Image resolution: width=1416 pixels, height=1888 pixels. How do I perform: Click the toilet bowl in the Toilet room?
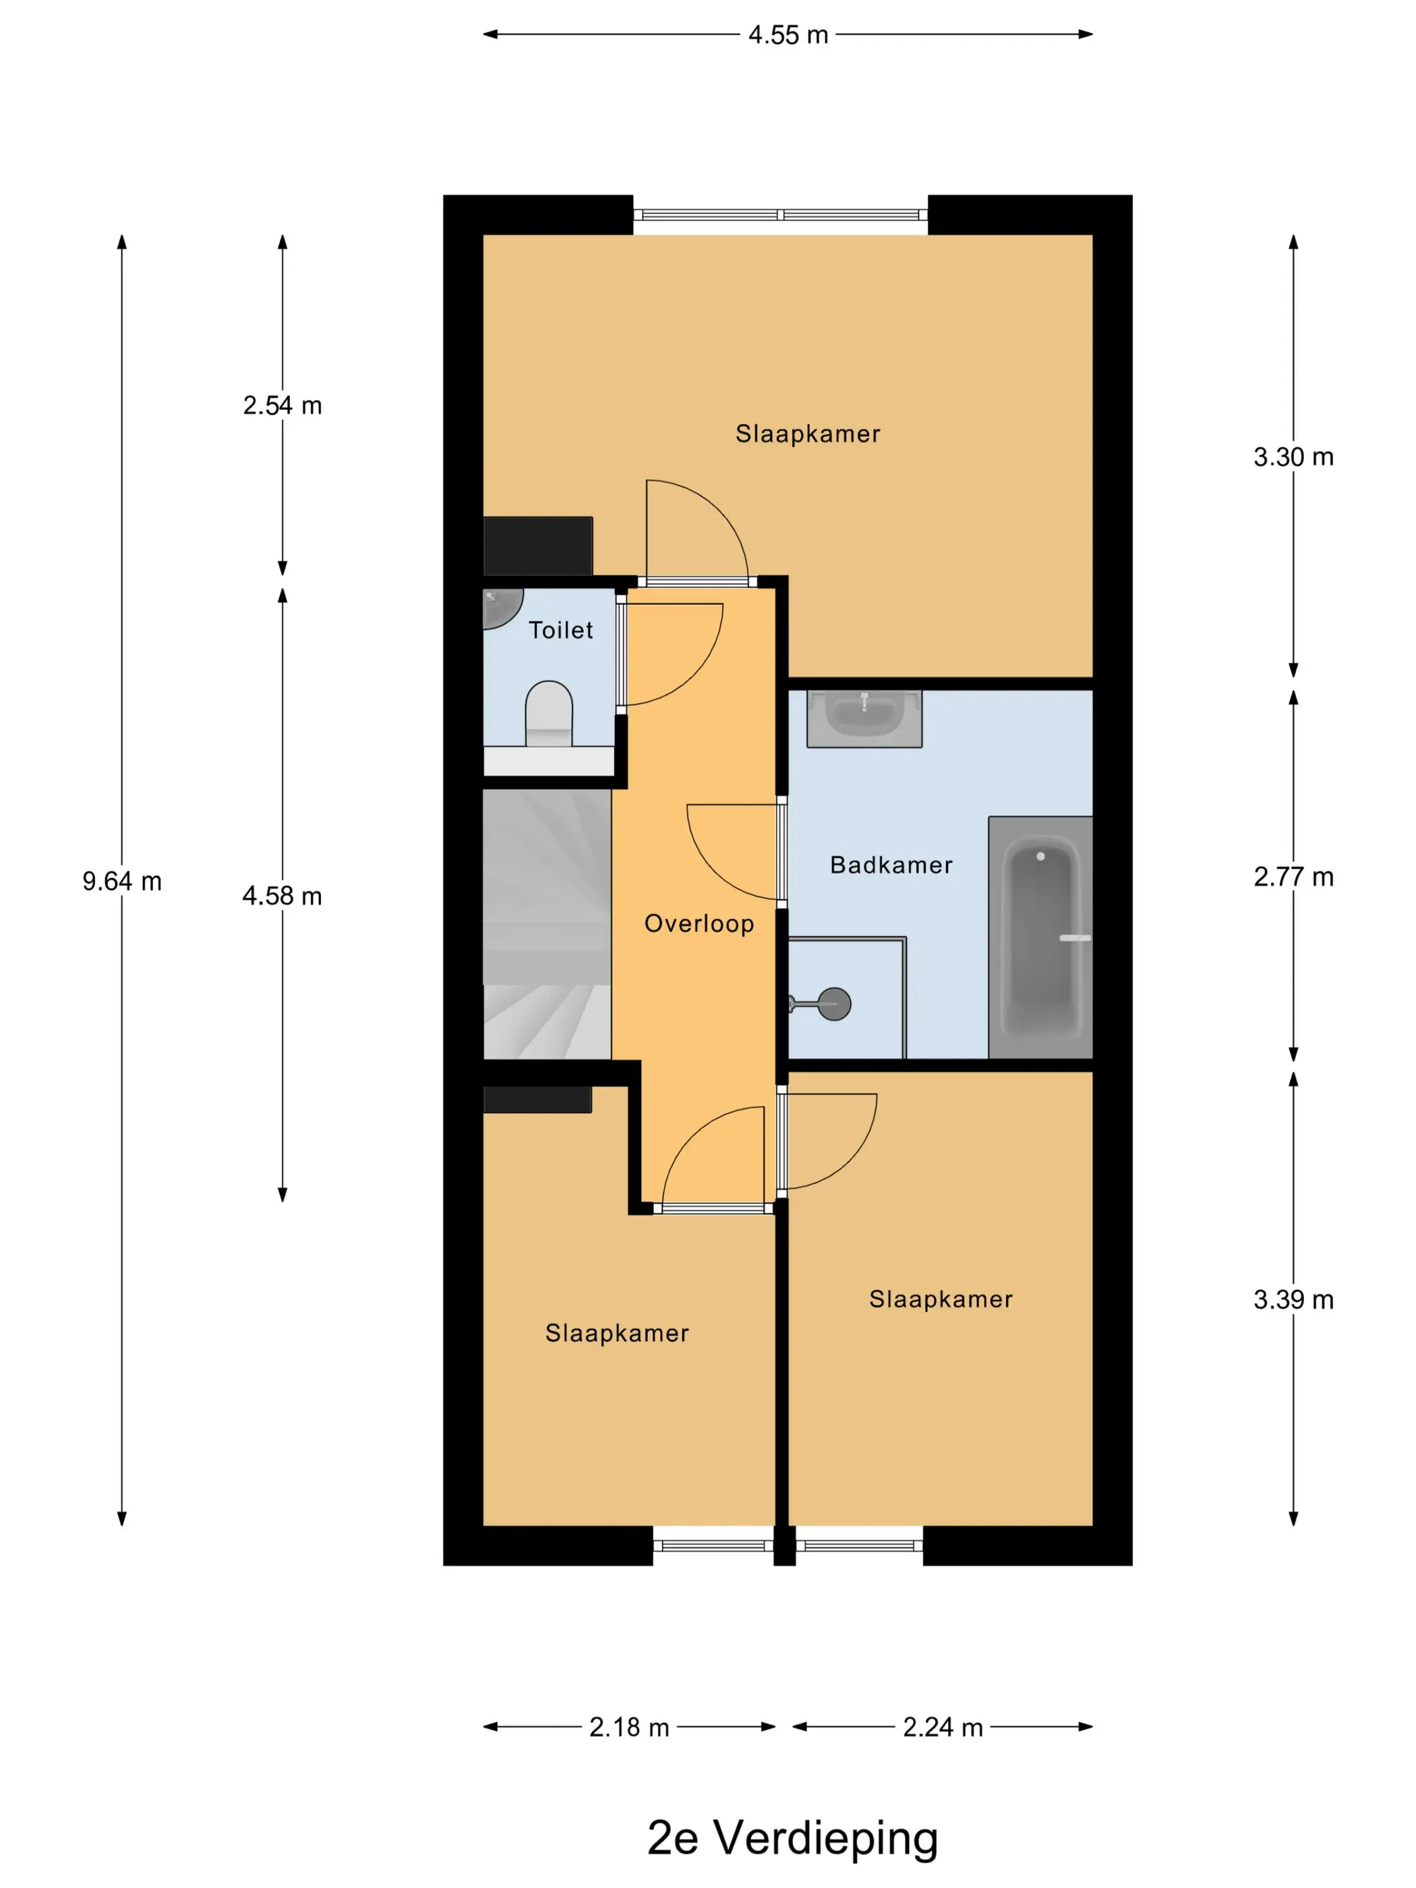click(548, 713)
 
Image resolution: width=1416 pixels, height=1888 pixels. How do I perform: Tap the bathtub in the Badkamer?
click(1040, 937)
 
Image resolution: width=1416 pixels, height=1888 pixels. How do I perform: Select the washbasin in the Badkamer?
click(864, 718)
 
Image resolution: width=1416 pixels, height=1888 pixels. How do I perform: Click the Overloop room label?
click(699, 924)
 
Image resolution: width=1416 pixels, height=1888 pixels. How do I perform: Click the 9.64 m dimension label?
click(122, 881)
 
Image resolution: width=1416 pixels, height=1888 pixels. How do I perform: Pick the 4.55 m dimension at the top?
click(788, 35)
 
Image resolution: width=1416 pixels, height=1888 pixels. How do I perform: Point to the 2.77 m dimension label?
click(1293, 877)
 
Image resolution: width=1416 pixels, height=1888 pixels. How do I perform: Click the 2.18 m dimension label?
click(629, 1727)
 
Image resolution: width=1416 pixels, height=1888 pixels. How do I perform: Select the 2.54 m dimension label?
click(283, 405)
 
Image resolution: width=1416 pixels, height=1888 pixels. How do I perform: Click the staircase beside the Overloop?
click(547, 924)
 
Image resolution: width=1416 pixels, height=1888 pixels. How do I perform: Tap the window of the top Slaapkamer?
click(780, 215)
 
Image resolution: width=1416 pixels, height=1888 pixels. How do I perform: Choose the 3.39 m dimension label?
click(1293, 1299)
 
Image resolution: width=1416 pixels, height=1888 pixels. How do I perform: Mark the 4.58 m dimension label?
click(283, 895)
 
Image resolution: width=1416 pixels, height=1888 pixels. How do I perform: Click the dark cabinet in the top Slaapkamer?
click(537, 545)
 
